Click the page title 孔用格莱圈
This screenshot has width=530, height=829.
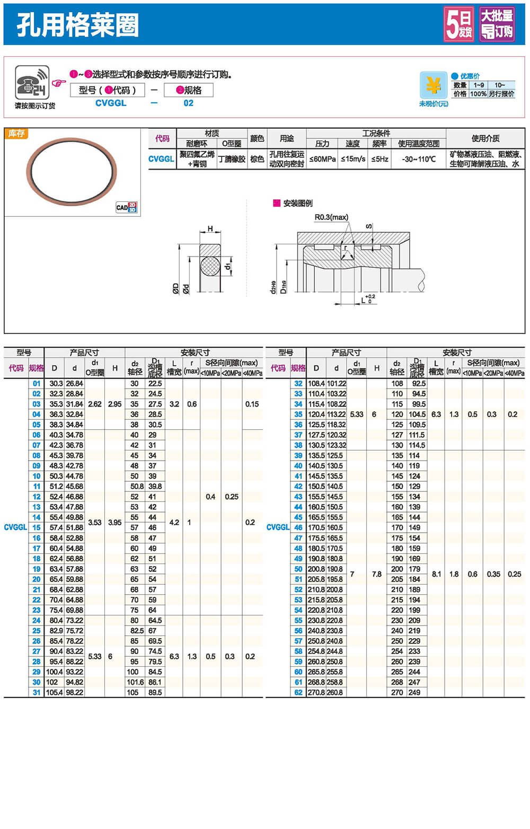point(77,24)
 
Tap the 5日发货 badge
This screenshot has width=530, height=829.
point(458,24)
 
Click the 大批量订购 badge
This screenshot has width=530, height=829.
point(497,24)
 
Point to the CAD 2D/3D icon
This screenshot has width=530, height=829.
point(126,207)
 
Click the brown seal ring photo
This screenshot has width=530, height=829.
point(72,171)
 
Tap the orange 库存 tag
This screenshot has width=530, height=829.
point(16,134)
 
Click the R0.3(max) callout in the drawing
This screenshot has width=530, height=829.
point(331,217)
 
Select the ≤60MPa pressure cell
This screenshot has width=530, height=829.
point(322,159)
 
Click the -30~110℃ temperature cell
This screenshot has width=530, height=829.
point(418,159)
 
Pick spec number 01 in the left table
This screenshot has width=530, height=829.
point(36,383)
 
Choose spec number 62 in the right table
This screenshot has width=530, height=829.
point(298,692)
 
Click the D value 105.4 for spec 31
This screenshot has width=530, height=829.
point(54,692)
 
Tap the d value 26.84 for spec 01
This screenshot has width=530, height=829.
point(74,383)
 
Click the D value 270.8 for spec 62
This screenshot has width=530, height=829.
point(316,692)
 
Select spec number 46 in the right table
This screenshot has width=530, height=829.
point(298,527)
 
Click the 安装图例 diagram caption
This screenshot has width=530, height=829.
point(297,203)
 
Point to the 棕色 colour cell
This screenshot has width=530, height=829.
point(257,159)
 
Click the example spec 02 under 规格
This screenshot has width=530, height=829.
point(188,103)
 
